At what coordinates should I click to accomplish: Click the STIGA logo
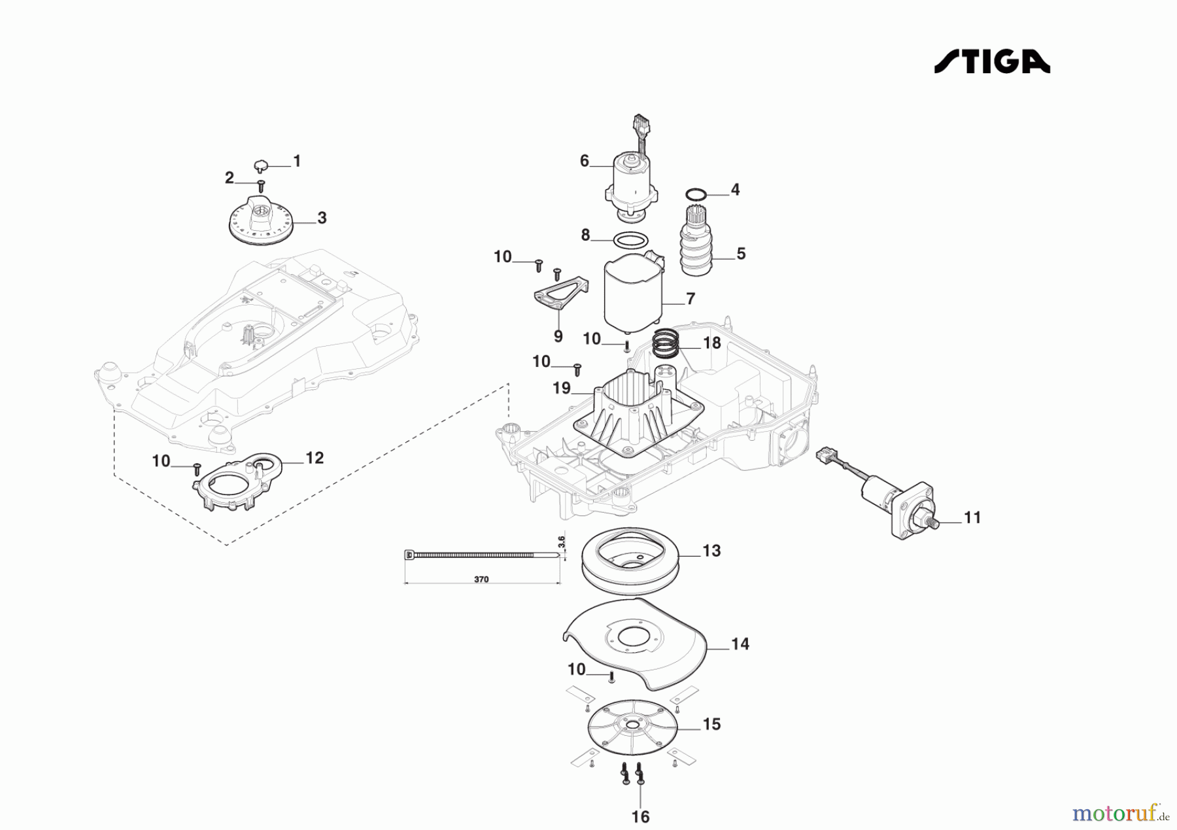pos(991,61)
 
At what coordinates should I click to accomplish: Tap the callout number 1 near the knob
pos(297,161)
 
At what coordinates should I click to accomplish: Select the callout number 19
pos(562,389)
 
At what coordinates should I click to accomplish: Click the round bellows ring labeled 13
pos(630,557)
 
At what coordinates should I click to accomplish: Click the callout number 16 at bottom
pos(640,816)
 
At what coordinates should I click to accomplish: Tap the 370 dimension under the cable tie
pos(481,579)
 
